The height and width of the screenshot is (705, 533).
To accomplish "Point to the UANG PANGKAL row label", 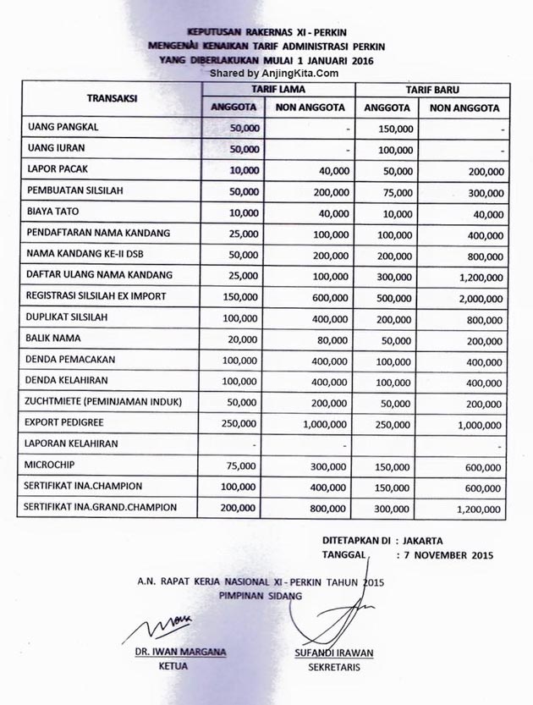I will (x=63, y=127).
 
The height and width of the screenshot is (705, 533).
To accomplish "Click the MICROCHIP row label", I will (x=57, y=465).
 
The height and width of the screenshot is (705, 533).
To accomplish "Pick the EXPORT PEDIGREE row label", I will (x=70, y=421).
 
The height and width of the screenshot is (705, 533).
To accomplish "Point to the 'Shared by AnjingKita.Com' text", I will (x=267, y=73).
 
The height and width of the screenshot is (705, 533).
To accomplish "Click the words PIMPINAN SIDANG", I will (x=260, y=596).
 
